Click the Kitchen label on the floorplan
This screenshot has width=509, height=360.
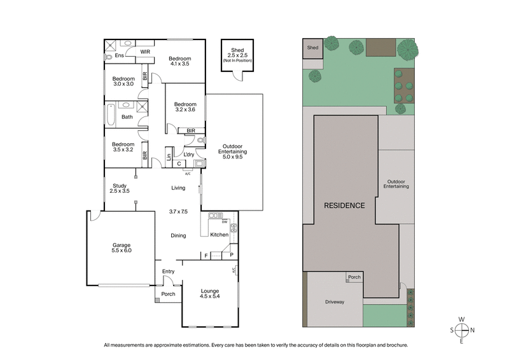(219, 235)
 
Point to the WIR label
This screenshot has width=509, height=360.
(145, 51)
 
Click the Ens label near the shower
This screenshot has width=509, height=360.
(118, 56)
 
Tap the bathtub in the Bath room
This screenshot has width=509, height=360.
(111, 117)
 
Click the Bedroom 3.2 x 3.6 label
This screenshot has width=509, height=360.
(185, 107)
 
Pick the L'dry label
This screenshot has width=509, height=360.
(189, 155)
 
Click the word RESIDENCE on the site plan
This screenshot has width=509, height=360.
(345, 205)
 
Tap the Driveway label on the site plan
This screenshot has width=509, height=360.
(334, 302)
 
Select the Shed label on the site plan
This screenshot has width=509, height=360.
(312, 48)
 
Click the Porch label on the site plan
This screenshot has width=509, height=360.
(354, 277)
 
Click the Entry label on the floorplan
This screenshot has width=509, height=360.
(168, 272)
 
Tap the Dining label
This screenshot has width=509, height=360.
(178, 236)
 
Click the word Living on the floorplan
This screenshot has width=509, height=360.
(178, 188)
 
